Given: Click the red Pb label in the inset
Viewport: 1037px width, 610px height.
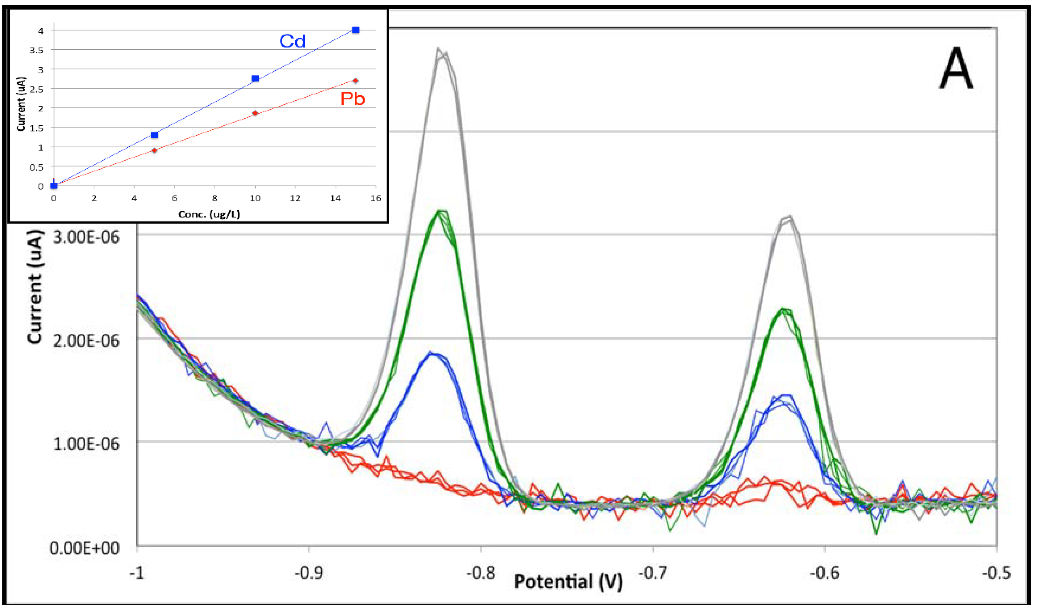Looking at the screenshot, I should (x=353, y=99).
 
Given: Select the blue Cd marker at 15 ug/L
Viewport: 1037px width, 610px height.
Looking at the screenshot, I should (x=355, y=30).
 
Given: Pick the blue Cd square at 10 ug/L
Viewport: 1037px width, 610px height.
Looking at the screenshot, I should (x=255, y=78).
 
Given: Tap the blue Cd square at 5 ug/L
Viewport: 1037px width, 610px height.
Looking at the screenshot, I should (x=154, y=135).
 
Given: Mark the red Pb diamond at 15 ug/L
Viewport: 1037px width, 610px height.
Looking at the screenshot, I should (x=355, y=81).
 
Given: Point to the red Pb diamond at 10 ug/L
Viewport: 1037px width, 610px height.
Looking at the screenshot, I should (x=255, y=113).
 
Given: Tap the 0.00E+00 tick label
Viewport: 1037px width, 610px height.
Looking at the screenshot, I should (x=84, y=548).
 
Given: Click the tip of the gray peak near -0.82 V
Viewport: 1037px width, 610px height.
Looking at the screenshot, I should (x=439, y=49).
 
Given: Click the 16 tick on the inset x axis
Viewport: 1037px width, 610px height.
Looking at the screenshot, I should (x=375, y=198).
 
